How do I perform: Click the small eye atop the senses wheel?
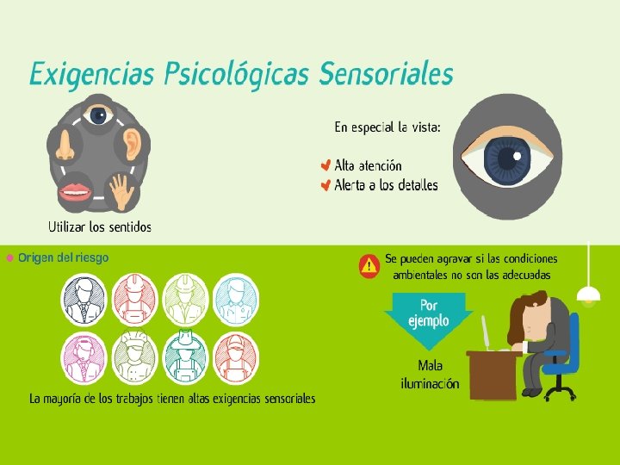pos(99,115)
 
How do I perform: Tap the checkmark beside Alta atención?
pos(325,165)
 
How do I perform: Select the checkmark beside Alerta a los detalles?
pos(325,185)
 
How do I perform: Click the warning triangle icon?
pos(369,264)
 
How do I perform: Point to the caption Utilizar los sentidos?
pos(99,227)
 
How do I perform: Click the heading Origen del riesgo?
pos(64,257)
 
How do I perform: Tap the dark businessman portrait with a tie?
pos(84,297)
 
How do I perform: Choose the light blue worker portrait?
pos(235,297)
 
